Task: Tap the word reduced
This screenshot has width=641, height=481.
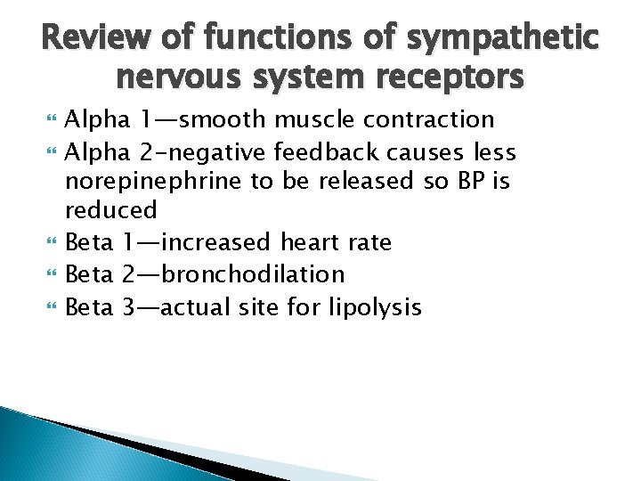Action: tap(110, 210)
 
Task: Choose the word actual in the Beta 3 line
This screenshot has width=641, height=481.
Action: tap(196, 307)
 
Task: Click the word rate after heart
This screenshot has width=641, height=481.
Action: tap(367, 241)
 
